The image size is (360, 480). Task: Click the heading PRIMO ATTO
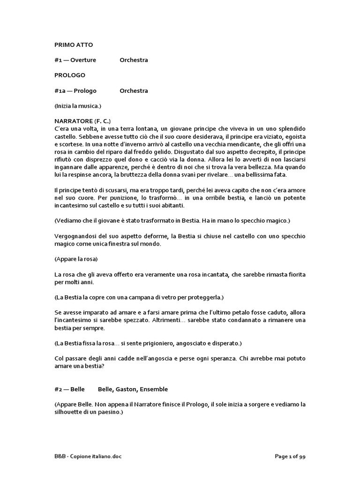click(x=74, y=45)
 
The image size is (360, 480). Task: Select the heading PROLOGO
click(x=69, y=75)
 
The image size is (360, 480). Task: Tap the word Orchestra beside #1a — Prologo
click(x=134, y=90)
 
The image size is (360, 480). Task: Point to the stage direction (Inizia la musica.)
click(x=78, y=105)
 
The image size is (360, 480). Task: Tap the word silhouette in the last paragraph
click(x=72, y=412)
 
